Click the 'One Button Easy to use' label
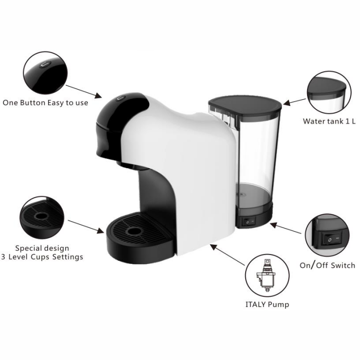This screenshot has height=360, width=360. coord(45,103)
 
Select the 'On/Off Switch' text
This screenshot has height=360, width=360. coord(327,265)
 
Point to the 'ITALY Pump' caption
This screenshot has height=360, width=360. coord(267,304)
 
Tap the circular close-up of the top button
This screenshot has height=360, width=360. coord(46,74)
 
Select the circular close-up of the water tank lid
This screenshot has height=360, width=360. coord(329,93)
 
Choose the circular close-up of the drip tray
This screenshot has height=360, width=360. coord(42,218)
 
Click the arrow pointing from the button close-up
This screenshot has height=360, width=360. coord(83,91)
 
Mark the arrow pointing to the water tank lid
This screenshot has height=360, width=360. coord(294,102)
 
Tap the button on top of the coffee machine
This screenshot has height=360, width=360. coord(120,99)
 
